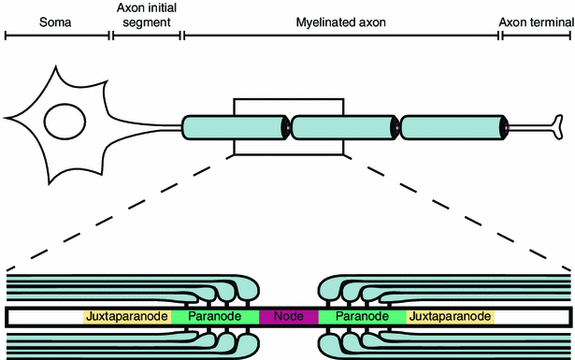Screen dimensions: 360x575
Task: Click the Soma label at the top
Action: pos(58,19)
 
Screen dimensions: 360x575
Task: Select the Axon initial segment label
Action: pos(147,17)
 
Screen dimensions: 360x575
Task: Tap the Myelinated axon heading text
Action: pos(342,19)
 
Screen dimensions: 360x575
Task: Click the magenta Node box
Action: pos(289,317)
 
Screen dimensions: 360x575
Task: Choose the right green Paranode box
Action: pos(362,317)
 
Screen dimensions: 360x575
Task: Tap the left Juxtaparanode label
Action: pos(126,317)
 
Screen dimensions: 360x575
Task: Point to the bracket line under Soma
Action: pos(58,36)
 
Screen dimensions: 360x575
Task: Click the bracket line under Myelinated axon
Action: pos(342,36)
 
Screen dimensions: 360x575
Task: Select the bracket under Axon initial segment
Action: pos(147,36)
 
